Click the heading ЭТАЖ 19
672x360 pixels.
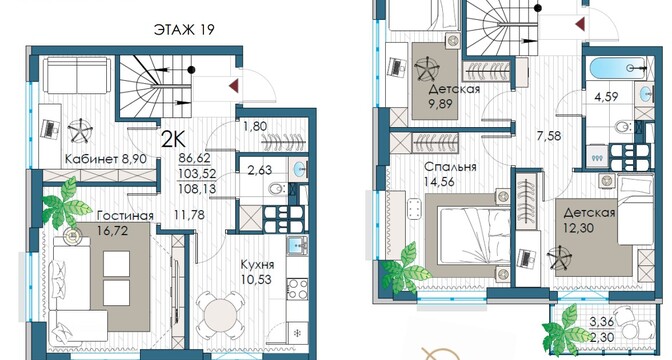183,29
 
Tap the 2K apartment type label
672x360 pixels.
173,139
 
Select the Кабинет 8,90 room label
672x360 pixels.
106,159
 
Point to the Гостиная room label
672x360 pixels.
125,215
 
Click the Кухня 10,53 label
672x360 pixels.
257,272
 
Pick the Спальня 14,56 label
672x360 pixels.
450,174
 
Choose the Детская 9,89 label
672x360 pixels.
454,96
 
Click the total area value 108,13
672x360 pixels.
197,189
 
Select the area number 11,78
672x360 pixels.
190,215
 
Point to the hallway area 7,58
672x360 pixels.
549,136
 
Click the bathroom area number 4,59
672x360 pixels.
606,97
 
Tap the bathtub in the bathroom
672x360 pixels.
618,68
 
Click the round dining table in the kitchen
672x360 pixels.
218,315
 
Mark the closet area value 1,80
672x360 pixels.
255,126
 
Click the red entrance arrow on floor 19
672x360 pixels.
234,86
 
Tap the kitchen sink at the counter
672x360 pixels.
298,245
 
